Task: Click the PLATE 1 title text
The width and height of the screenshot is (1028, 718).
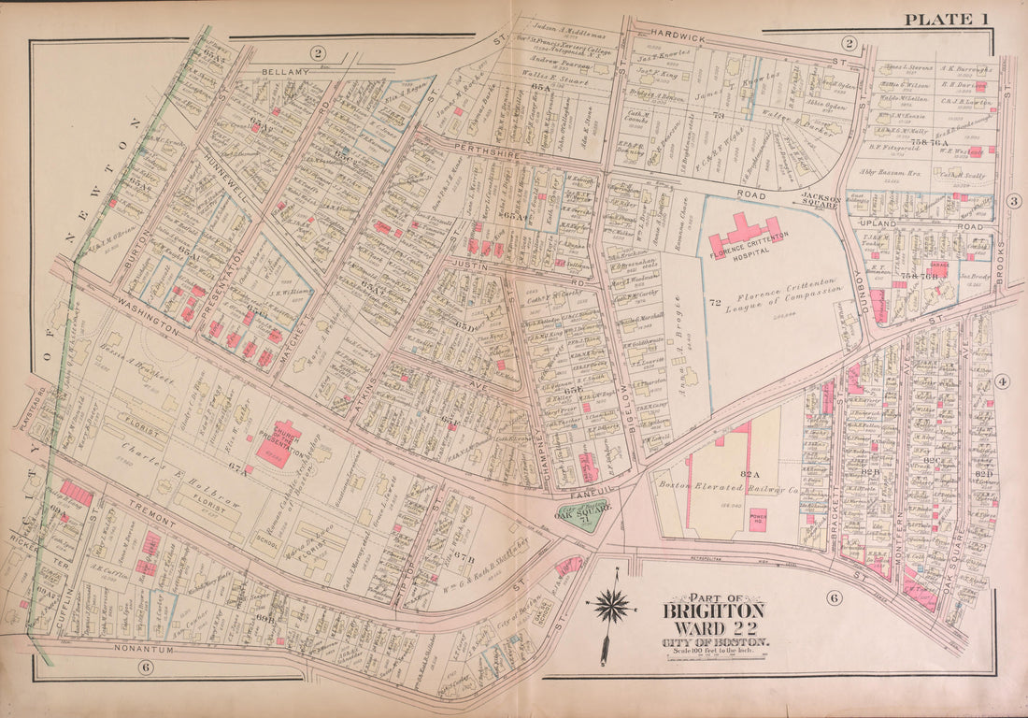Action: (945, 19)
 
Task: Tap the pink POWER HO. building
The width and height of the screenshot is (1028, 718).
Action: (758, 519)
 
